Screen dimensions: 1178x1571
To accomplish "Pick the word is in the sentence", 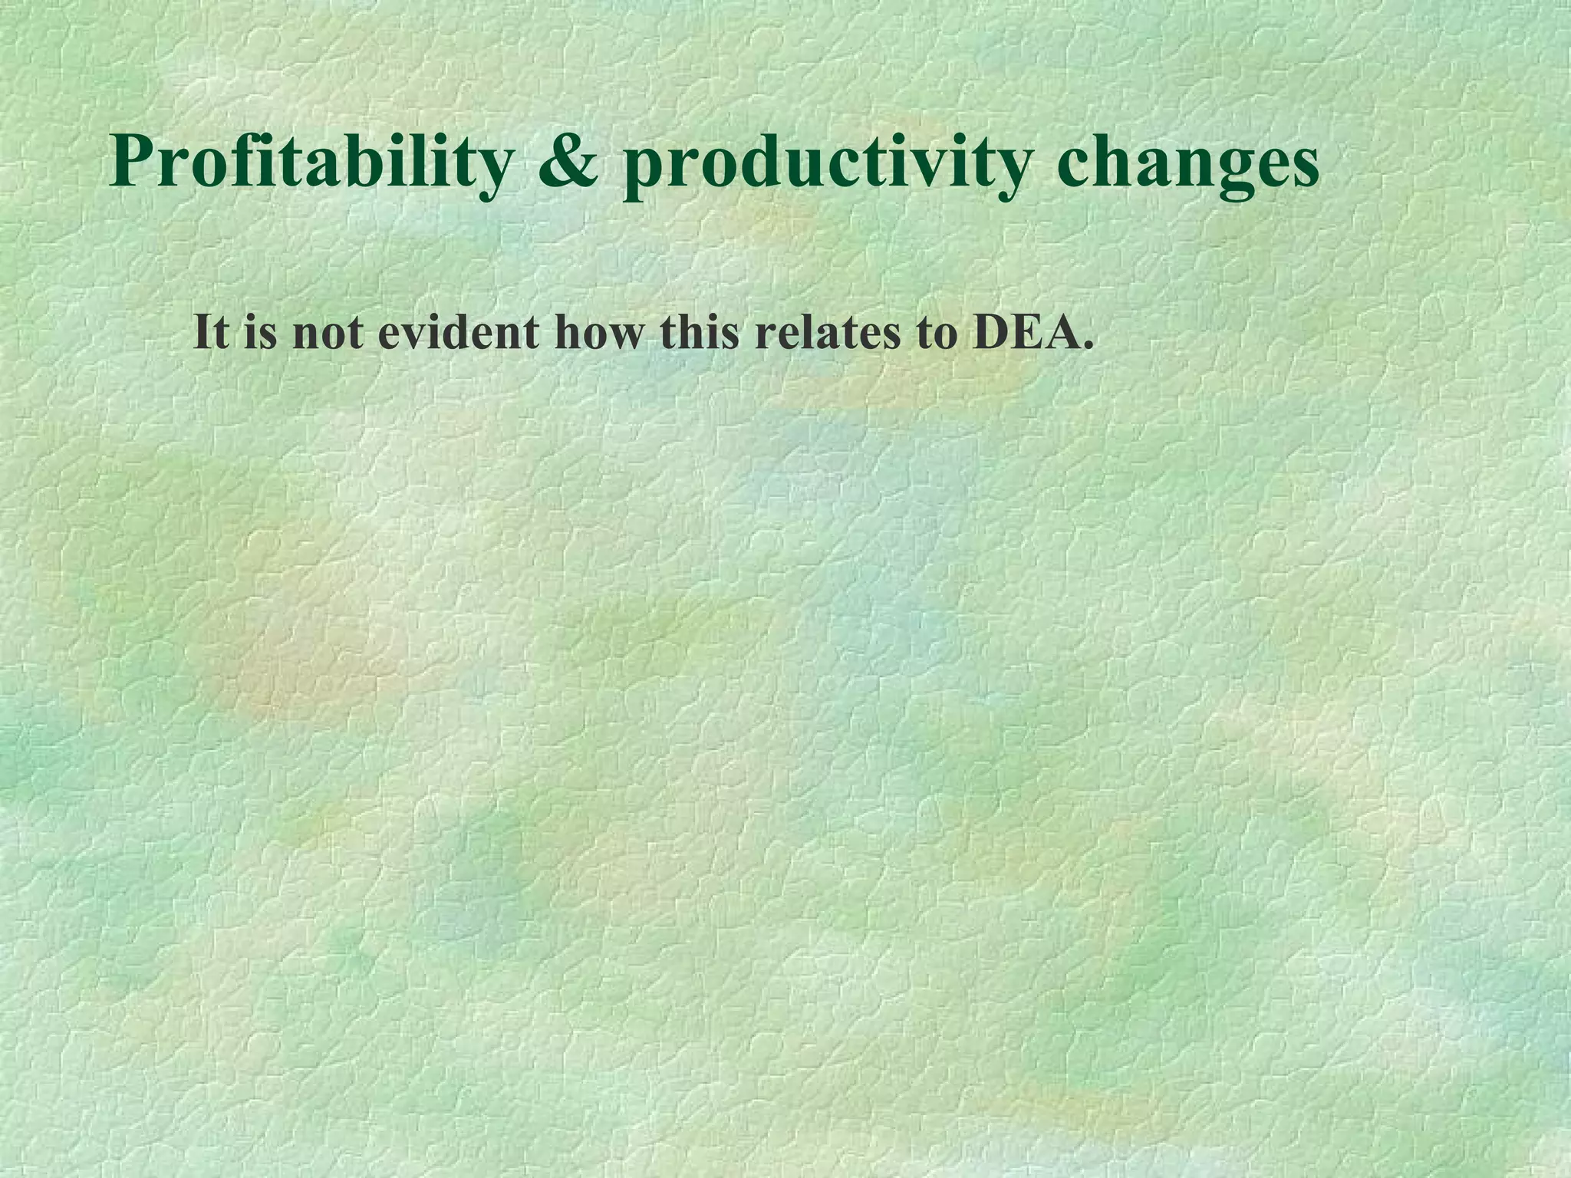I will coord(261,333).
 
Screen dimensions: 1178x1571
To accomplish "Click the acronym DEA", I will coord(1023,333).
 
